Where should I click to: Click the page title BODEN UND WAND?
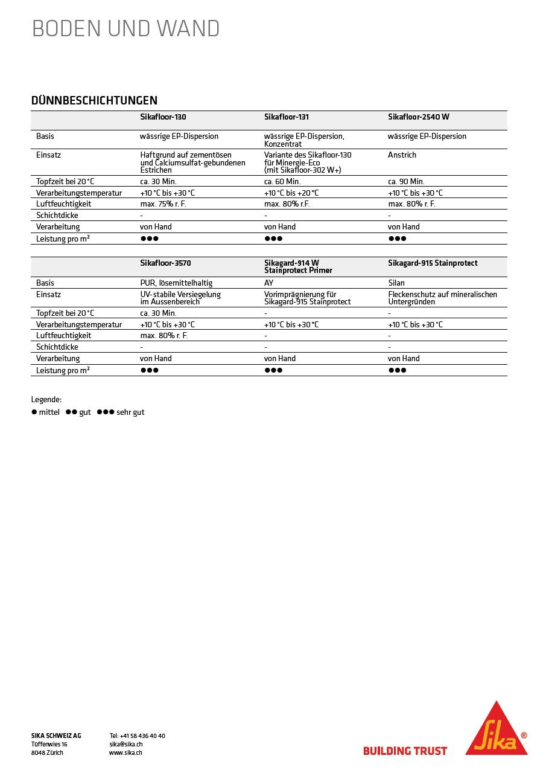click(125, 29)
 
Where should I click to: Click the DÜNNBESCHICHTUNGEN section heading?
click(94, 100)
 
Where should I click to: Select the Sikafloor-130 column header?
click(163, 117)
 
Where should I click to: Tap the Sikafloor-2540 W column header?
click(418, 117)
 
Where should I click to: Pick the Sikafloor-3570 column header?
click(165, 263)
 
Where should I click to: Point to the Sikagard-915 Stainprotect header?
click(432, 263)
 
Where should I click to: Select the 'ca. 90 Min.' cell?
click(406, 182)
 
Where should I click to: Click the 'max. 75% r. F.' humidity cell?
click(163, 204)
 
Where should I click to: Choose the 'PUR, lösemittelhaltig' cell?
click(176, 283)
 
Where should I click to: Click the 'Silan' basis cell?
click(396, 283)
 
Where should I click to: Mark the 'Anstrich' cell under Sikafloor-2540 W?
click(402, 155)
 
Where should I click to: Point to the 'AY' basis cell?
click(269, 283)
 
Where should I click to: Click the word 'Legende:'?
click(46, 400)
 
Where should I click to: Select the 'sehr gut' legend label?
click(130, 412)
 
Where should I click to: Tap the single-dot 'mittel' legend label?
click(49, 412)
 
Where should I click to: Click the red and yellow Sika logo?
click(496, 730)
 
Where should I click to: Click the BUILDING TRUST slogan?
click(405, 751)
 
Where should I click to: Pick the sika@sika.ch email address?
click(125, 745)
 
